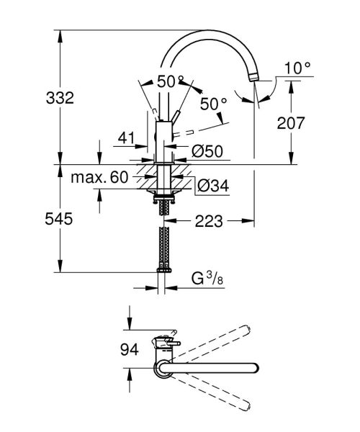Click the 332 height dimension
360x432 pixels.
pos(60,98)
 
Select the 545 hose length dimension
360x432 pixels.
pos(58,219)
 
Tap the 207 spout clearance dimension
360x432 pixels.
pos(291,123)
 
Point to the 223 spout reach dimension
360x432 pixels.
pos(209,221)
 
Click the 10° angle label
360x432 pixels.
pos(297,68)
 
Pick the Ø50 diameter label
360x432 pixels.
pos(207,150)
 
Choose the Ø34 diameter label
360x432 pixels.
pos(213,186)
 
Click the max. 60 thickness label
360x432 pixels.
pos(99,177)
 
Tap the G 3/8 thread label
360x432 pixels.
pos(207,279)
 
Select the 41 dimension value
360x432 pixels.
pos(127,138)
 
